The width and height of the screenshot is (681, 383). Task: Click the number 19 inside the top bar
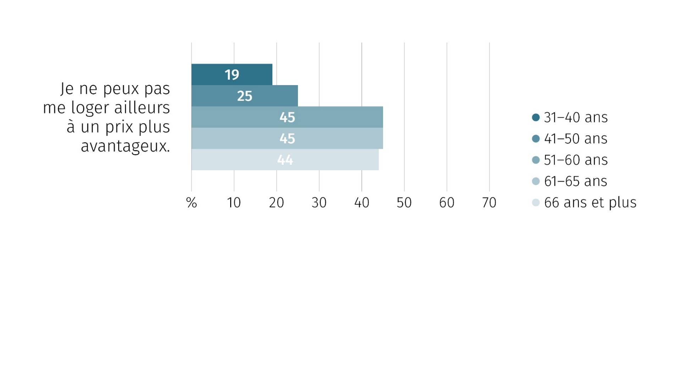point(232,74)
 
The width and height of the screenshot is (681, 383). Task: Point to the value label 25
point(245,96)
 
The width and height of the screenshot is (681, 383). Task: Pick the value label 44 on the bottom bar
point(285,160)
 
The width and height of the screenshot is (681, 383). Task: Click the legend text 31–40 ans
point(576,117)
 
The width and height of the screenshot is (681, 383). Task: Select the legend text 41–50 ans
point(576,139)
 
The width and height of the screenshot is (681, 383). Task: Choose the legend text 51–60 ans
point(576,160)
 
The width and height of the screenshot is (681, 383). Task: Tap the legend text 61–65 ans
point(576,181)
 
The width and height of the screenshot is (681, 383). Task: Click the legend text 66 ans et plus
point(590,202)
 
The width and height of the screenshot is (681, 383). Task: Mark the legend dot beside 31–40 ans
point(536,117)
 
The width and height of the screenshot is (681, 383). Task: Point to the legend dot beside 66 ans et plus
point(536,202)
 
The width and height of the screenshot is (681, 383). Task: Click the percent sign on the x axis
point(192,203)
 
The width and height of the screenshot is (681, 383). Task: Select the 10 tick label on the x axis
point(234,203)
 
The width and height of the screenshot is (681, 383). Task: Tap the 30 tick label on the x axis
point(319,203)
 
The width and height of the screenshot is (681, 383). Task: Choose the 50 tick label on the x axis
point(404,203)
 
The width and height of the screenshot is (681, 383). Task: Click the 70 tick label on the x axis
point(489,203)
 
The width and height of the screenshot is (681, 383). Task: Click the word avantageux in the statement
point(125,146)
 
